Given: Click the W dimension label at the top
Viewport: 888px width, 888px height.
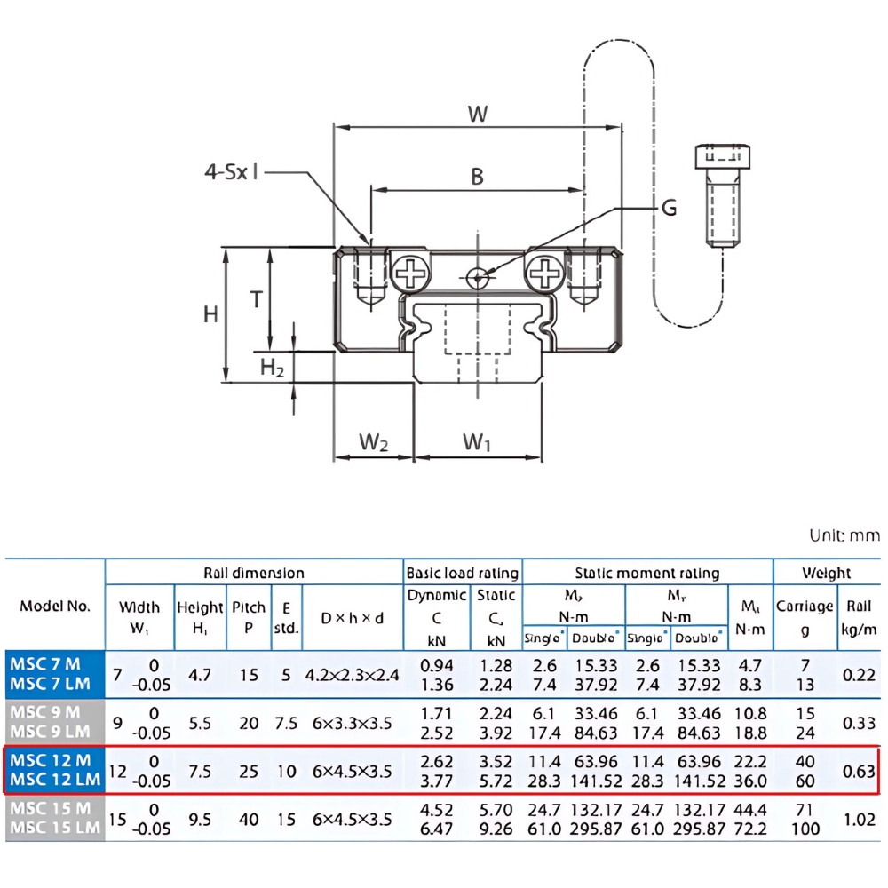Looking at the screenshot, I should pos(478,114).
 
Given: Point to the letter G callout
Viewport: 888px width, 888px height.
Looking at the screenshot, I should pos(669,208).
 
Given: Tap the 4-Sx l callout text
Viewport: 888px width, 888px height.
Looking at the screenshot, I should pos(231,171).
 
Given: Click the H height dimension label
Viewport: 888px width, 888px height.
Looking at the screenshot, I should pos(210,313).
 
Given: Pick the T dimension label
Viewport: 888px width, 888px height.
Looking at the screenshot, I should pos(256,299).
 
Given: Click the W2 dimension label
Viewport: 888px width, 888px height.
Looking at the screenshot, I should pos(374,441).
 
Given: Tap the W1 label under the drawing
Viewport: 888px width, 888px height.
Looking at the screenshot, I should pos(477,441).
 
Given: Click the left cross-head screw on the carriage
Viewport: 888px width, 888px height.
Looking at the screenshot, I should pos(411,273).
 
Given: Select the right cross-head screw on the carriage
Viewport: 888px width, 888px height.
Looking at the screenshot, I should pos(544,273).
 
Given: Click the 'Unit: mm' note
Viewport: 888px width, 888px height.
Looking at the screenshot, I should pos(844,535).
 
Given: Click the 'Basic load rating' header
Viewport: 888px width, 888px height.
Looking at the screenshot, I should pos(462,574).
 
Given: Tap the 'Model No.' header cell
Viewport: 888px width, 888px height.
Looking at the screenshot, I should pos(55,607).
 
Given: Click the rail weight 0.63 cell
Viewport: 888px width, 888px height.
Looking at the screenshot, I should pos(859,771).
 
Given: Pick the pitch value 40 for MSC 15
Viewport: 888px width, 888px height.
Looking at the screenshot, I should pos(249,819).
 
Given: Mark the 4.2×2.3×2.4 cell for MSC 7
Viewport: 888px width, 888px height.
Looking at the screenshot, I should pos(353,675).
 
